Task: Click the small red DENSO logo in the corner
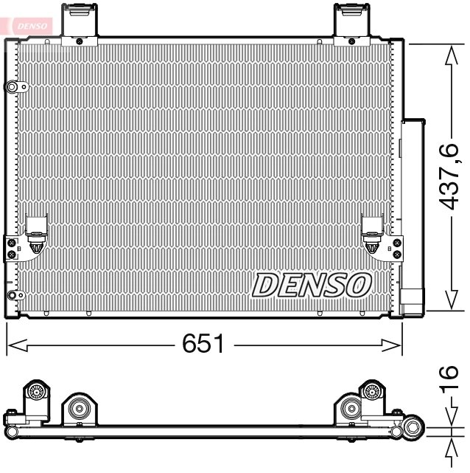[x=27, y=25]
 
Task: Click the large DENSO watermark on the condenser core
[x=312, y=284]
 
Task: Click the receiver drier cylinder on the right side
[x=413, y=207]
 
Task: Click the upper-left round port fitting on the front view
[x=13, y=88]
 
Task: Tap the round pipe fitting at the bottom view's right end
[x=411, y=427]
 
